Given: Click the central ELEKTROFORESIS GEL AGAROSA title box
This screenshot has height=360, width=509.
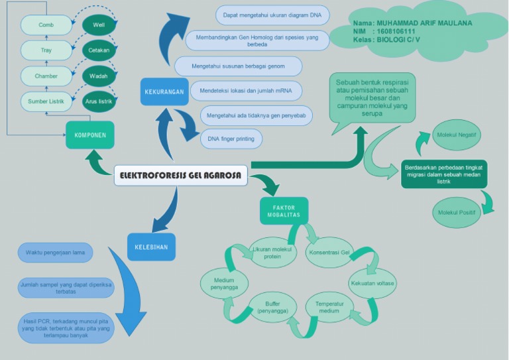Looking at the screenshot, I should pyautogui.click(x=181, y=176).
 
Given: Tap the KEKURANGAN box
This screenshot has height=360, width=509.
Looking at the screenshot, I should pyautogui.click(x=164, y=92).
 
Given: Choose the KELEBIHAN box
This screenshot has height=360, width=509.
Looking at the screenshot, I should pyautogui.click(x=151, y=247).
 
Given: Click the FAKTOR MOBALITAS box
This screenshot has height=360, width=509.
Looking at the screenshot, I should pyautogui.click(x=284, y=211).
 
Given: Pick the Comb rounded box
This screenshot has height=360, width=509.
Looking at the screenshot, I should pyautogui.click(x=46, y=25).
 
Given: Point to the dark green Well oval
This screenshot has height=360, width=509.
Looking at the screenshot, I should pyautogui.click(x=99, y=25).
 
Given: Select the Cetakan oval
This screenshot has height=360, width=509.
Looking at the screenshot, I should pyautogui.click(x=99, y=50).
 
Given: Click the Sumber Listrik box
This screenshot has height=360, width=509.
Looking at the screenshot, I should pyautogui.click(x=46, y=101).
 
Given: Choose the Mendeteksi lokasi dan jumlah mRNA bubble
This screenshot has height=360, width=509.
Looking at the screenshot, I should pyautogui.click(x=246, y=90).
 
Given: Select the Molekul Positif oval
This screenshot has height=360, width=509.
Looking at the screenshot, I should pyautogui.click(x=457, y=212).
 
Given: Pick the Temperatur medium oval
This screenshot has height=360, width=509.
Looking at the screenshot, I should pyautogui.click(x=329, y=307).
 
